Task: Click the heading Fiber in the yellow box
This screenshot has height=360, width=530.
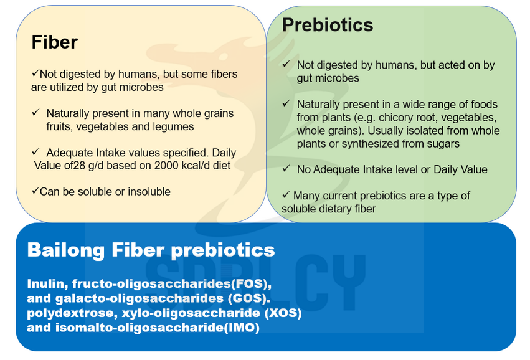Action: pos(54,42)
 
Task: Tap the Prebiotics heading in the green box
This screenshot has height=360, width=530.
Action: pos(328,25)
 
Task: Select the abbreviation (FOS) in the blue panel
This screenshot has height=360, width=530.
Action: pos(251,283)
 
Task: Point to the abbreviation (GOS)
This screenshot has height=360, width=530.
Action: pos(249,298)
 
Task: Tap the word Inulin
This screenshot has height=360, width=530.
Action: pos(48,283)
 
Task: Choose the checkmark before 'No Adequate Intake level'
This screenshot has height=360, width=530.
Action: pos(286,168)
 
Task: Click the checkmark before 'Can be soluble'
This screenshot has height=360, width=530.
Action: pos(35,191)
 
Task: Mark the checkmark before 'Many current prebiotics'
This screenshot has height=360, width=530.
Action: pos(286,194)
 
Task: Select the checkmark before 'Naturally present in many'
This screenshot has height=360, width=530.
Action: pos(35,112)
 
